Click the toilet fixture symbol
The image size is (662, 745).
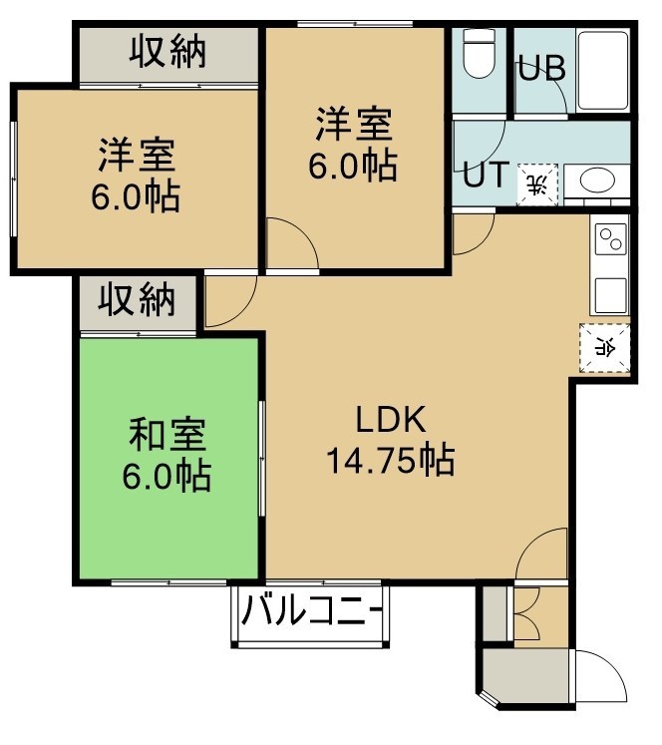pos(480,53)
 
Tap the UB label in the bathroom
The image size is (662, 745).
pos(541,69)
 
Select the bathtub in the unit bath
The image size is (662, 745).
pos(603,71)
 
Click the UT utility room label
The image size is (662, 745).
pos(486,174)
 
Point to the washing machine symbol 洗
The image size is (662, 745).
pos(537,185)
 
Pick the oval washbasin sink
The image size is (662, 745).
pos(597,182)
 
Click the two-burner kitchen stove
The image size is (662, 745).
pos(610,239)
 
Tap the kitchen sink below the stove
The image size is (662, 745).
pos(610,295)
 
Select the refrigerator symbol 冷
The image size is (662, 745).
pos(604,349)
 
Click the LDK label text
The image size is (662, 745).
pos(391,419)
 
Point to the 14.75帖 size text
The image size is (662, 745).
pos(391,460)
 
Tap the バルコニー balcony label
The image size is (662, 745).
pos(311,610)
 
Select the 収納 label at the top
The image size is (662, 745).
pos(168,51)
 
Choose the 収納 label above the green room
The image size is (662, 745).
pos(137,300)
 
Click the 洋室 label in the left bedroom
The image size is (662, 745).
pos(137,155)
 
